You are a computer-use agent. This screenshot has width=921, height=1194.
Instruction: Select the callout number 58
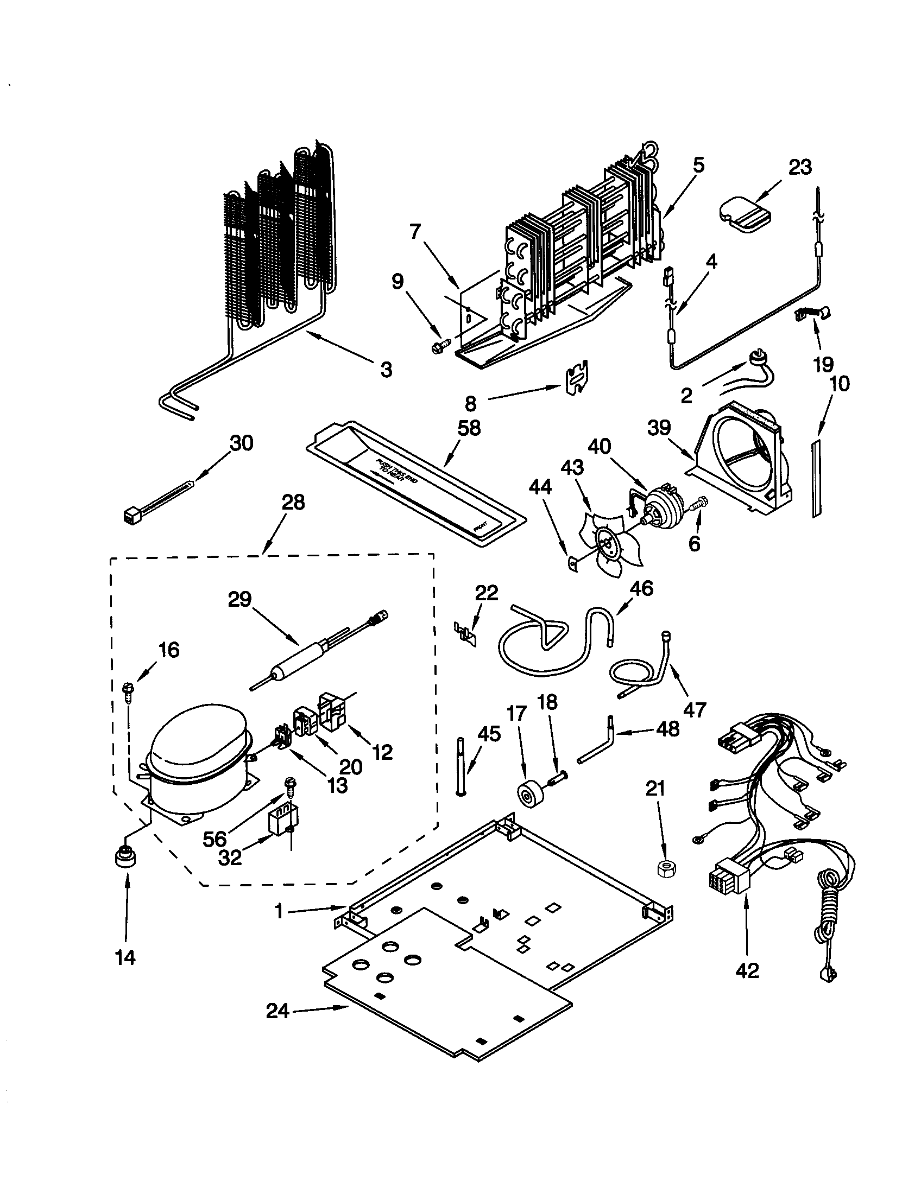pos(469,428)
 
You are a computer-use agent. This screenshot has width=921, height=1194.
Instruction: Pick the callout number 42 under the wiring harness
pos(748,970)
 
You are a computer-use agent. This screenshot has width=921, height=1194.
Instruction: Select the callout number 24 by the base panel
pos(277,1012)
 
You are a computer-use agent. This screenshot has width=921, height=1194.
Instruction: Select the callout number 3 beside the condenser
pos(386,370)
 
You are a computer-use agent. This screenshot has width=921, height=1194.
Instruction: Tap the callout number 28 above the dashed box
pos(293,502)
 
